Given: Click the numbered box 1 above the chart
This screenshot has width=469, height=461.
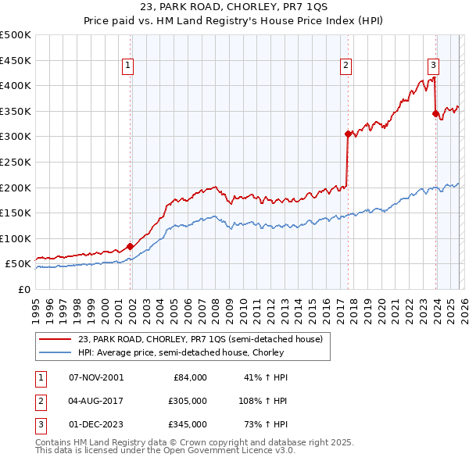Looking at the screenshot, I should click(x=127, y=66).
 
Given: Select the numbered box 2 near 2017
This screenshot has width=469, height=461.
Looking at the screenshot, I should click(x=345, y=66).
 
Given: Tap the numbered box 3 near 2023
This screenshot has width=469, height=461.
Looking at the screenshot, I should click(x=432, y=66).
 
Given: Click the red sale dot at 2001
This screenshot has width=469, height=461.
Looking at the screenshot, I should click(x=130, y=246).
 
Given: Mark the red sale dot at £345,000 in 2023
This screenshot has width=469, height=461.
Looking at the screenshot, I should click(x=435, y=113).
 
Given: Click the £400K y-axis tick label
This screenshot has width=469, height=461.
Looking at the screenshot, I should click(x=16, y=86).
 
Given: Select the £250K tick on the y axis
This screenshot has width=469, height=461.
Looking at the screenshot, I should click(x=16, y=162).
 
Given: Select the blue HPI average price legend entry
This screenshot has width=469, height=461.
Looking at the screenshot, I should click(x=181, y=352).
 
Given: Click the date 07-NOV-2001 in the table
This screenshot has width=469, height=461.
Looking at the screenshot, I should click(x=96, y=377).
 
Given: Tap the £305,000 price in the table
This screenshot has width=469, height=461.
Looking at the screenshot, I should click(x=188, y=401).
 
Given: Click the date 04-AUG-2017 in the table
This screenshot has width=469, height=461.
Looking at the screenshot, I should click(x=96, y=401).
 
